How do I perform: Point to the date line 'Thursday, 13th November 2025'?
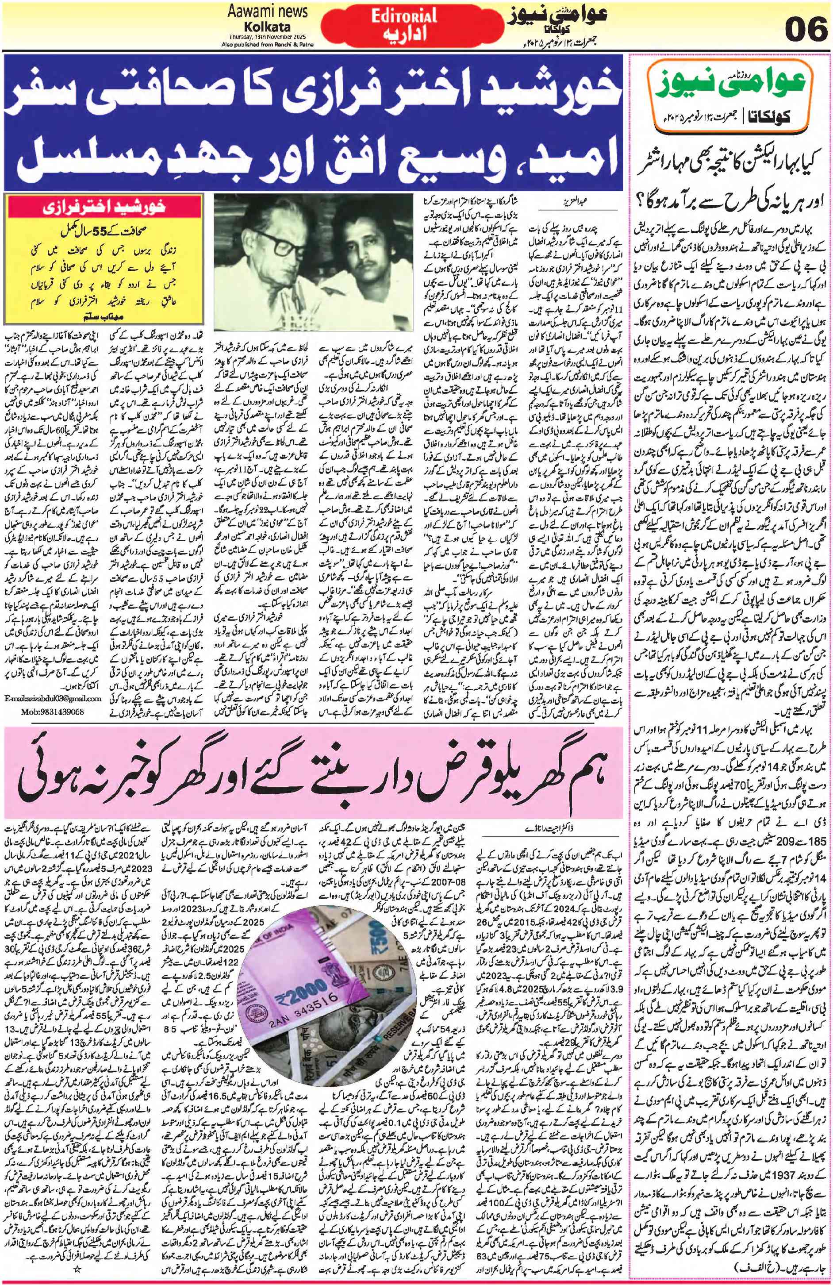click(x=263, y=36)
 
